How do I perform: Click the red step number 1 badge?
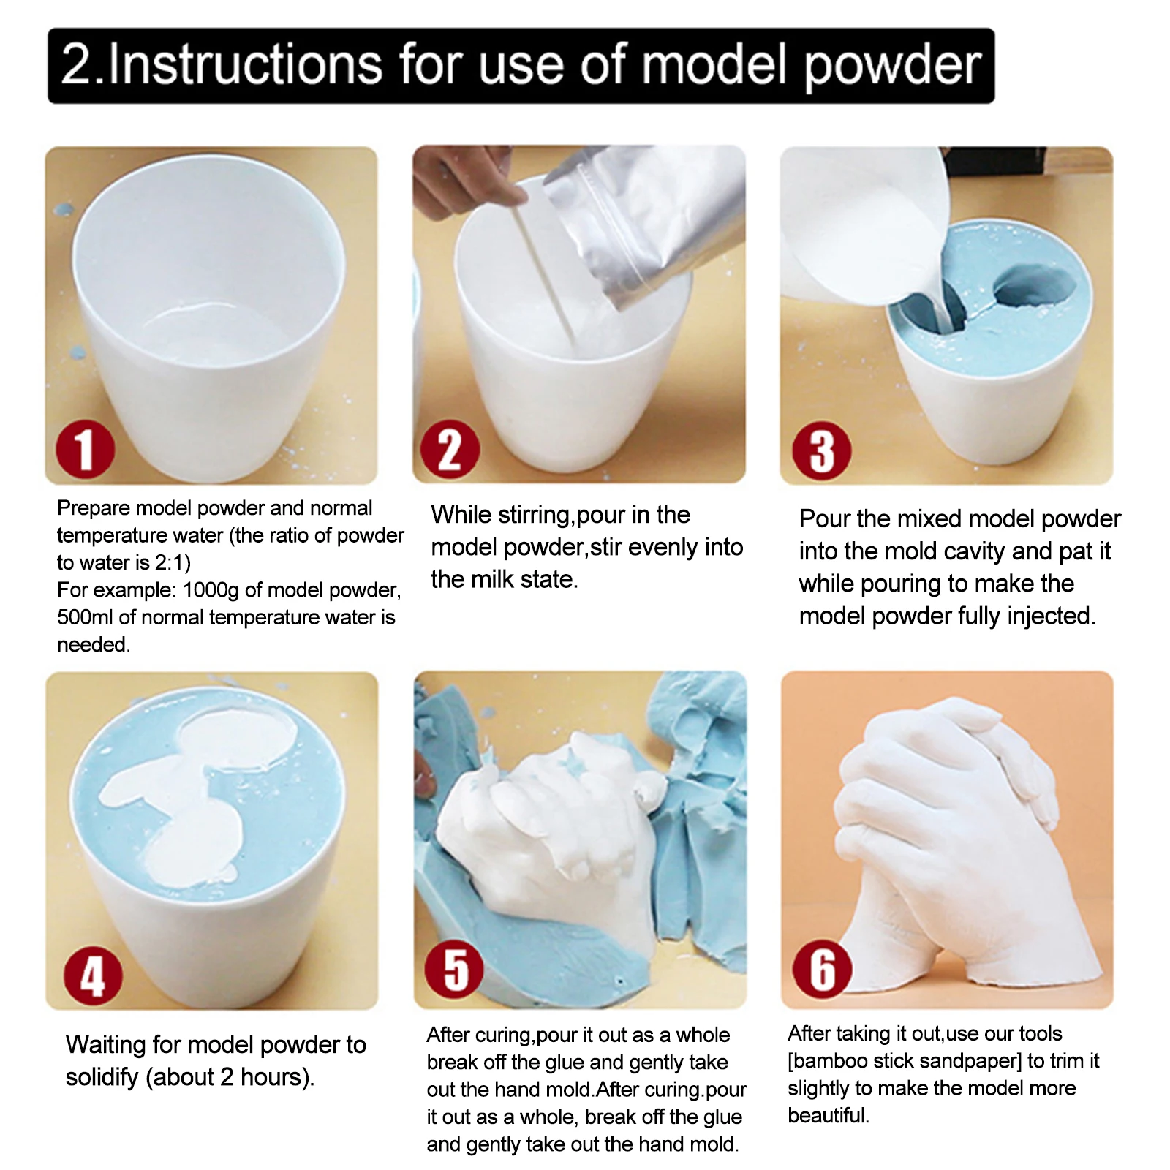pos(86,450)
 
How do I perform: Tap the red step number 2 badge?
pos(450,450)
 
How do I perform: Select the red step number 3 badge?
pos(821,451)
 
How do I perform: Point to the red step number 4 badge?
pos(93,976)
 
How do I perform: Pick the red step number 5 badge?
pos(454,970)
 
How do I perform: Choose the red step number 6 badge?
pos(822,970)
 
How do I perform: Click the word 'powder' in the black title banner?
pos(892,66)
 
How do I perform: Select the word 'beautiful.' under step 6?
pos(829,1116)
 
